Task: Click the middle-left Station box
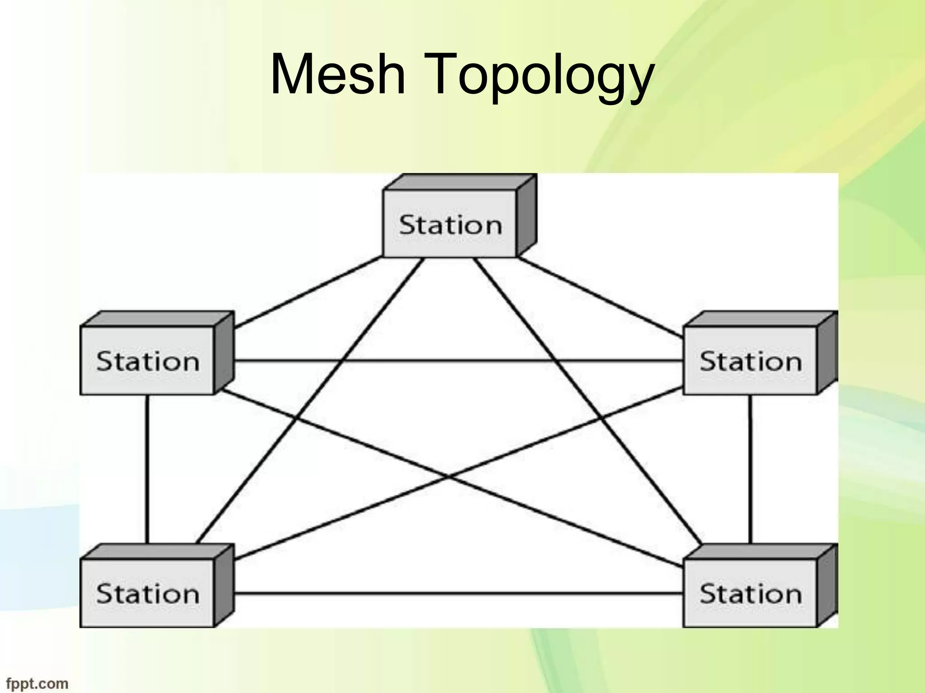coord(147,361)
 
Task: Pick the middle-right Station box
coord(750,361)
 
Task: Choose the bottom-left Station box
coord(147,593)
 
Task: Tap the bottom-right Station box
coord(750,593)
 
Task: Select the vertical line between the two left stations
coord(147,469)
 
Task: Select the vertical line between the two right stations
coord(750,469)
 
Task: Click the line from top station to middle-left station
coord(307,293)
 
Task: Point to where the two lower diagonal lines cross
coord(447,476)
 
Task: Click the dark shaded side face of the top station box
coord(526,217)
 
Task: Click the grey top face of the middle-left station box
coord(156,319)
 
